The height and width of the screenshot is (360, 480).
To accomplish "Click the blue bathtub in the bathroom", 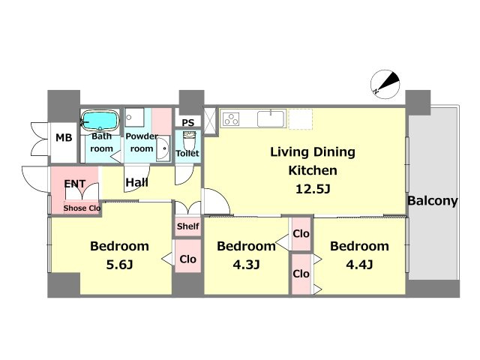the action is point(100,120).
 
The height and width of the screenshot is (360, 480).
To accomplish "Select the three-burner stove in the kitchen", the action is point(231,118).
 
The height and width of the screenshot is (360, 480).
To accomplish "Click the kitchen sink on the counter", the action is point(271,118).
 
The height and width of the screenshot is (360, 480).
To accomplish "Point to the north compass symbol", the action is point(385,84).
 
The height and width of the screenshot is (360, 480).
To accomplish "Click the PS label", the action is point(188,123).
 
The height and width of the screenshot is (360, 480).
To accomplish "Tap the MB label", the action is point(64,138).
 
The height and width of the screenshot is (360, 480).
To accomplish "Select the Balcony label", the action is point(433,201).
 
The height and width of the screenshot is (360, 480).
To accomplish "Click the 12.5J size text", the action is point(313,189).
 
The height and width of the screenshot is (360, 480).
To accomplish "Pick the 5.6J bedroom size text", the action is point(119,265).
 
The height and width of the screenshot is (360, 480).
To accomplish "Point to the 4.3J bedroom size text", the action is point(246,265).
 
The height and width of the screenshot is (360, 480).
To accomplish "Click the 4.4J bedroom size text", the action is point(359,265).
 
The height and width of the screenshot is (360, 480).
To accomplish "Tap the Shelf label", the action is point(188,226).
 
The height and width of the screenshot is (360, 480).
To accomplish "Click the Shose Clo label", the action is point(82,208).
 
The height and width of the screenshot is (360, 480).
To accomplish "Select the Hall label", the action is point(136,182).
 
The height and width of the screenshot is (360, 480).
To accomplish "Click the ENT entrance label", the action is point(75,184).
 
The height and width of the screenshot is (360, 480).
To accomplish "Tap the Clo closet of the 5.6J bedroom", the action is point(188,256).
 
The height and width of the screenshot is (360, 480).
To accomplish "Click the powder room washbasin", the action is point(163,148).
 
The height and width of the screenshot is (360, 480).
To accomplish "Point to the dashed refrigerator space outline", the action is point(300,118).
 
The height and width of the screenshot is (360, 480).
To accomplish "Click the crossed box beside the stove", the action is point(210,121).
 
